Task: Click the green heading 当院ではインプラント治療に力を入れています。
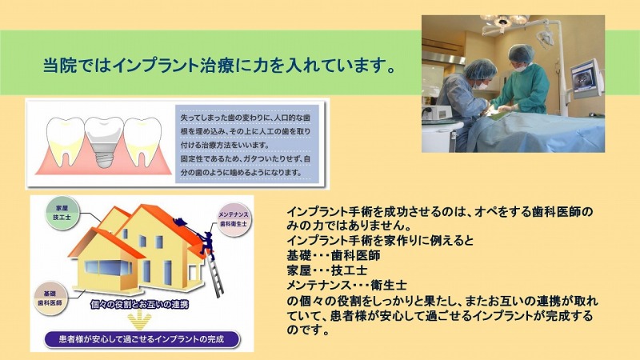click(219, 66)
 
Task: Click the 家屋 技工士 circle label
click(62, 213)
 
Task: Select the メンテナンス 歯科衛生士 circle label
click(234, 219)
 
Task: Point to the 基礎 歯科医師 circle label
click(50, 298)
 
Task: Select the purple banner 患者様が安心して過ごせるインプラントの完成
click(142, 339)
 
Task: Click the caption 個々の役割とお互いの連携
click(139, 304)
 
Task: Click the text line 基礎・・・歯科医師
click(334, 255)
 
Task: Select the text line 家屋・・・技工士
click(327, 270)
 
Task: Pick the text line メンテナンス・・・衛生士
click(346, 285)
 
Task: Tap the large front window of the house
click(108, 269)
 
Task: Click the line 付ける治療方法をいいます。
click(226, 145)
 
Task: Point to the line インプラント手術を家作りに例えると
click(380, 241)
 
